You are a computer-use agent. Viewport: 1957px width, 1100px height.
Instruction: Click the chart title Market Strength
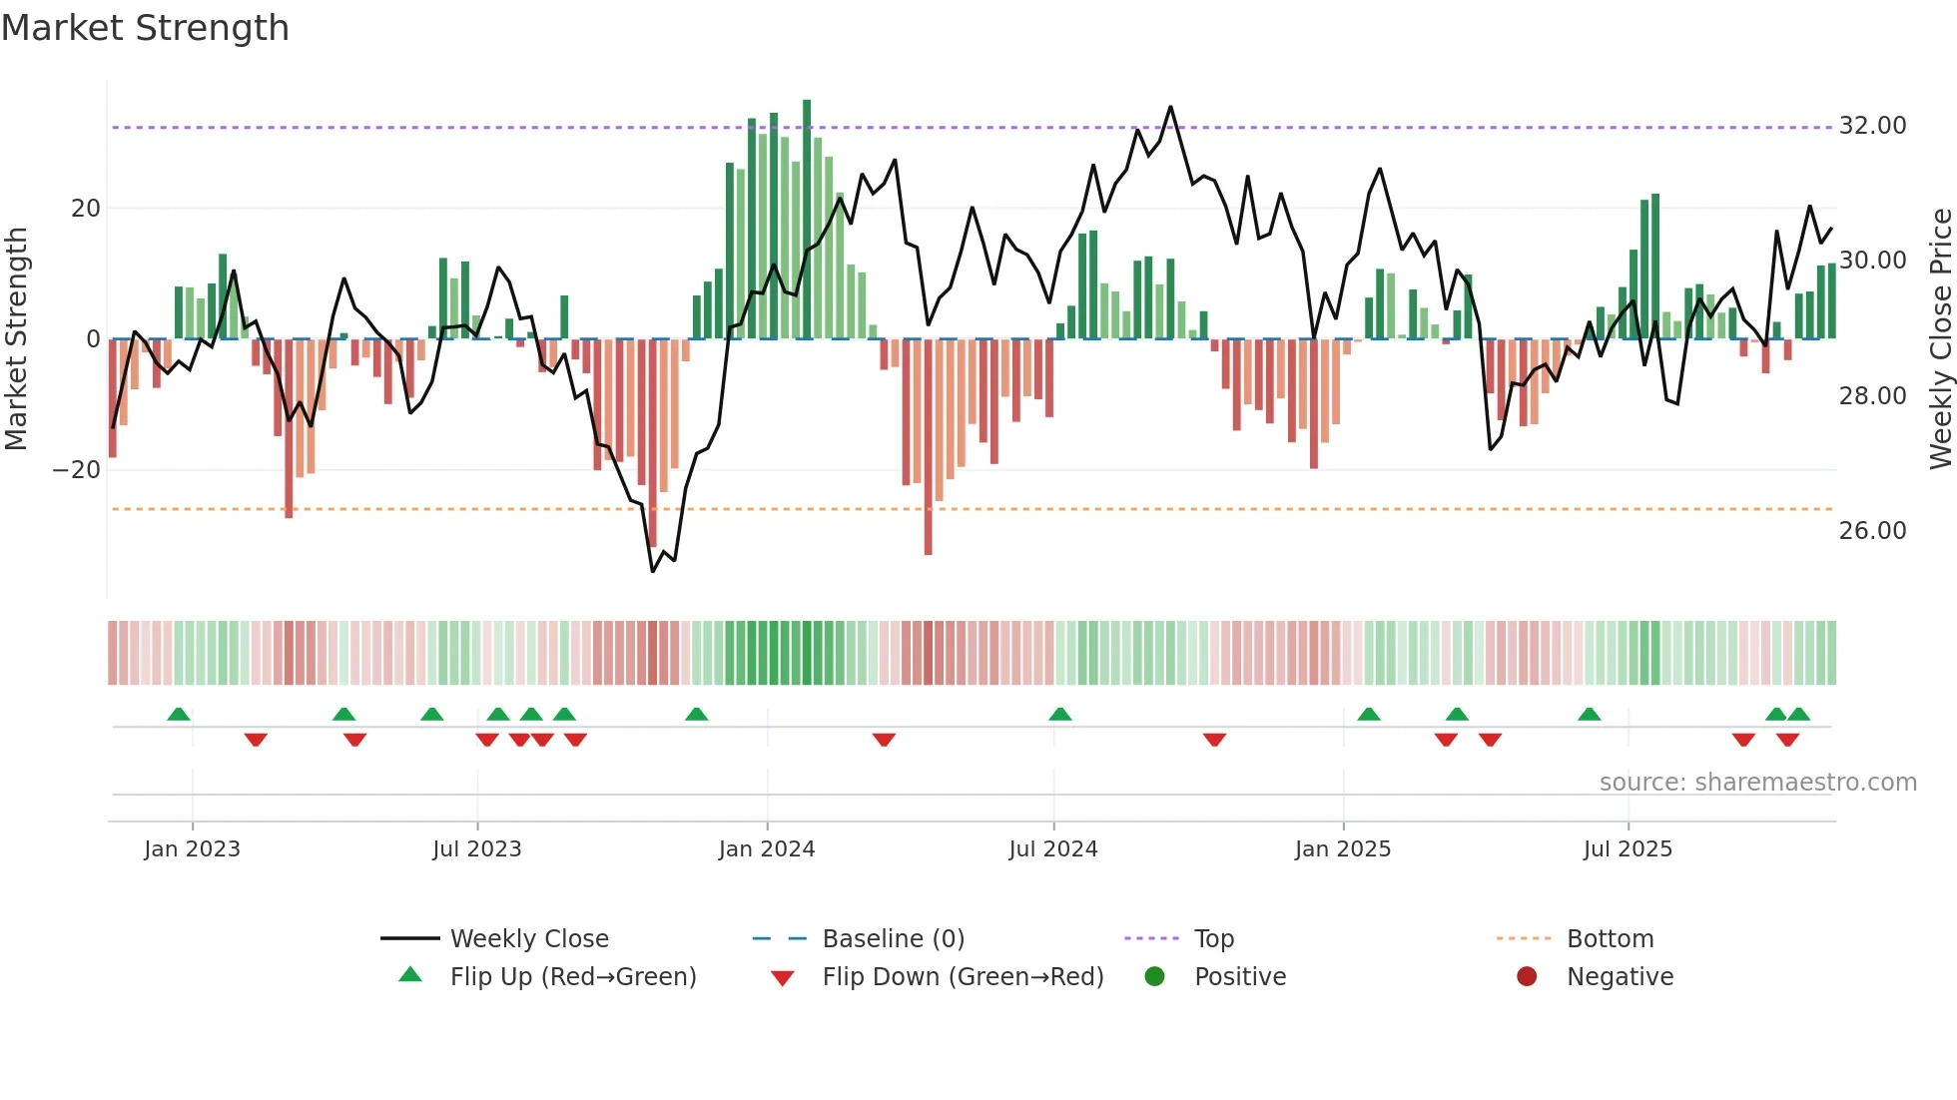145,28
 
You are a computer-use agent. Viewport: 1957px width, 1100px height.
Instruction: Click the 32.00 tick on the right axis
1872,126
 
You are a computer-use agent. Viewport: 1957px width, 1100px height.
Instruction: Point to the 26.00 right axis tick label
1872,531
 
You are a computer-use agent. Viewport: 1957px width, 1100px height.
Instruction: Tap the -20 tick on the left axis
77,470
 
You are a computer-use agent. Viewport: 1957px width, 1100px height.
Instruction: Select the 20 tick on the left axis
86,209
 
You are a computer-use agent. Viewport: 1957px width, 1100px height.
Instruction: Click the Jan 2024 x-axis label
766,849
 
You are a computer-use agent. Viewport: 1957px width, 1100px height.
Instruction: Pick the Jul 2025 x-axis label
1628,849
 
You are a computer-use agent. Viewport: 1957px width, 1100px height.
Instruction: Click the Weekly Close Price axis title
1940,339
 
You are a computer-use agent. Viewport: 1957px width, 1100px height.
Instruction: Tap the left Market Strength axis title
17,339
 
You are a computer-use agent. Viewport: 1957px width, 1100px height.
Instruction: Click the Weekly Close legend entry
528,939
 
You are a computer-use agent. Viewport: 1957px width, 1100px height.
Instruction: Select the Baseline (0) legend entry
893,939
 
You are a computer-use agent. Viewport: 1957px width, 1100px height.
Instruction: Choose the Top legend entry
1213,939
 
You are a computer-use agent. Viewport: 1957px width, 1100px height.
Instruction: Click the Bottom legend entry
1610,939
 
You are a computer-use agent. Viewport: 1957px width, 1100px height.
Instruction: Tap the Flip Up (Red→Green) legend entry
572,977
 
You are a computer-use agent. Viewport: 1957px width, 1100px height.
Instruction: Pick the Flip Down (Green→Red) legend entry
963,977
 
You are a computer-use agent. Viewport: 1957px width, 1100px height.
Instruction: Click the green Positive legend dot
1155,977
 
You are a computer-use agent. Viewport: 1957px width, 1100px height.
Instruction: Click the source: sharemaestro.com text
1757,783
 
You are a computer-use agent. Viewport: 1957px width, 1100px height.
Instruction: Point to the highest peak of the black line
1170,107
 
